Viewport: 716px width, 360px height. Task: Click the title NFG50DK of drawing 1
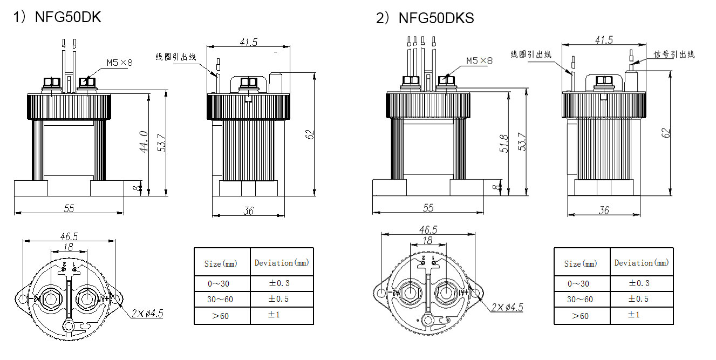pyautogui.click(x=67, y=17)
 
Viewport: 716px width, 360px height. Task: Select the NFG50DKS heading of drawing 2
pyautogui.click(x=436, y=18)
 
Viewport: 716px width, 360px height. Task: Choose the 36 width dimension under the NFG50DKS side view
pyautogui.click(x=604, y=210)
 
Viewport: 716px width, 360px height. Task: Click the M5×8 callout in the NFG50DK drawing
pyautogui.click(x=119, y=63)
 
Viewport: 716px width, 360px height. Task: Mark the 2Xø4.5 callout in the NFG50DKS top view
pyautogui.click(x=507, y=308)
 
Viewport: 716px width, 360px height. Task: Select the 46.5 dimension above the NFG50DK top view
pyautogui.click(x=69, y=236)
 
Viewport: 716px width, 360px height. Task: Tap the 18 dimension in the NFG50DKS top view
pyautogui.click(x=428, y=241)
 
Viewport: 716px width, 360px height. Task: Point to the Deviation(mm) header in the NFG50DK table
pyautogui.click(x=282, y=263)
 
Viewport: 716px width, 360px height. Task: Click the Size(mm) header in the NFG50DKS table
pyautogui.click(x=581, y=263)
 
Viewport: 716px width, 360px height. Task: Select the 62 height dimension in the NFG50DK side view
pyautogui.click(x=310, y=134)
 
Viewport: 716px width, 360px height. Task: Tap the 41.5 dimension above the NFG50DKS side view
pyautogui.click(x=604, y=40)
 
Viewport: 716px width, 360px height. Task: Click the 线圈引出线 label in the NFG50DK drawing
pyautogui.click(x=176, y=57)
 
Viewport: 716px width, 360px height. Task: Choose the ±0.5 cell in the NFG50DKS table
pyautogui.click(x=639, y=299)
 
